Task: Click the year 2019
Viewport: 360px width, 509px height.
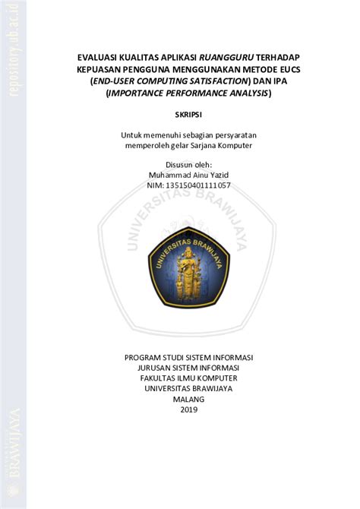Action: point(188,410)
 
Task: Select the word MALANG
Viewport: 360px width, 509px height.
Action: point(188,400)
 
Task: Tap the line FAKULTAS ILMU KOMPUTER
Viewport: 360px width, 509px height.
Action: point(188,378)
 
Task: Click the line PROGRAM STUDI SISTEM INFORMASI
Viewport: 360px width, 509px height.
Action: point(188,356)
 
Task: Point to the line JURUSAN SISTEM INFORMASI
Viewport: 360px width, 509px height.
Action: point(188,367)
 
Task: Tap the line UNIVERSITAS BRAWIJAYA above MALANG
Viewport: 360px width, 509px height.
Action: point(188,388)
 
